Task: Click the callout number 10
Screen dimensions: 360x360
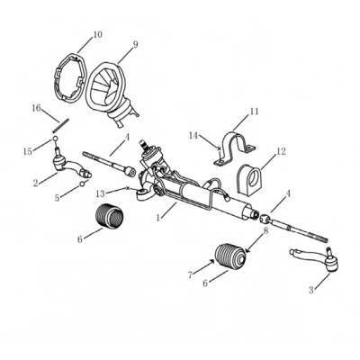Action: [x=96, y=34]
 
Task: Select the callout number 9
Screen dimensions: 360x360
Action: [x=135, y=44]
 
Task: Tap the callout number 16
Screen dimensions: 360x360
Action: [x=36, y=108]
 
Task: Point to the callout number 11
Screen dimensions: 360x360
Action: [x=254, y=112]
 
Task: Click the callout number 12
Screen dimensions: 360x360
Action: [x=281, y=151]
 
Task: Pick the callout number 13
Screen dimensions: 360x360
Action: [x=101, y=193]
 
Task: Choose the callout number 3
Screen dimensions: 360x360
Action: [x=310, y=290]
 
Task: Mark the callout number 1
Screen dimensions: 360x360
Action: [x=158, y=218]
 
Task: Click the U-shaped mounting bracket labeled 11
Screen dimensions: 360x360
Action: [x=235, y=148]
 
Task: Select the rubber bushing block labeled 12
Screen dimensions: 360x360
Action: [x=249, y=179]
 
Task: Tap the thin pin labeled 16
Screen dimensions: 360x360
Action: [x=61, y=125]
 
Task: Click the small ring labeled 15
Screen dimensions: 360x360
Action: [x=55, y=139]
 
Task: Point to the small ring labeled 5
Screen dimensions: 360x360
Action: [x=81, y=184]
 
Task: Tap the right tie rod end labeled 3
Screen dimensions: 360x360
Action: [x=318, y=259]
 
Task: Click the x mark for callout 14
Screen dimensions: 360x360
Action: [x=219, y=148]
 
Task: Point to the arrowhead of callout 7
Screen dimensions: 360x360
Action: [x=212, y=261]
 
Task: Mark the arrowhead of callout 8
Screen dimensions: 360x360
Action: [x=247, y=250]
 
